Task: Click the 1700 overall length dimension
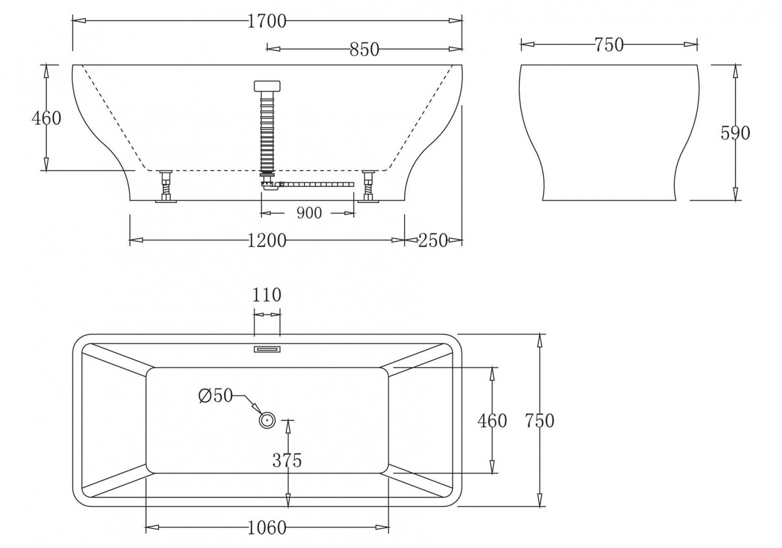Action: coord(267,21)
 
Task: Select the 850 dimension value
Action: coord(364,49)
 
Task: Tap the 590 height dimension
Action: coord(735,133)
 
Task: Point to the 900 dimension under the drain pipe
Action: coord(309,213)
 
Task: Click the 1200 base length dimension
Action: coord(267,241)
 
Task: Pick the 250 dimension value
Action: coord(433,241)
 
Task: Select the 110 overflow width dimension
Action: coord(267,295)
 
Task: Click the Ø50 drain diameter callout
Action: coord(215,395)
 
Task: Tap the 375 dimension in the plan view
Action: coord(287,460)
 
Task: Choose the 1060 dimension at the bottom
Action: coord(267,528)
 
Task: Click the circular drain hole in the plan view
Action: coord(267,421)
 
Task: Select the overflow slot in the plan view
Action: coord(267,349)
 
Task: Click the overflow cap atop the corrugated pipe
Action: coord(267,85)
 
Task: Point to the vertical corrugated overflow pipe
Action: coord(267,132)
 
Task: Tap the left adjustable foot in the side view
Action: coord(166,186)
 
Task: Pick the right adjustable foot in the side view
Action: coord(368,186)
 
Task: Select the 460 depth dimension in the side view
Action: coord(46,118)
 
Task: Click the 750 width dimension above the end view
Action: coord(609,45)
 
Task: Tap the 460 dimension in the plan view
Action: coord(492,421)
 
